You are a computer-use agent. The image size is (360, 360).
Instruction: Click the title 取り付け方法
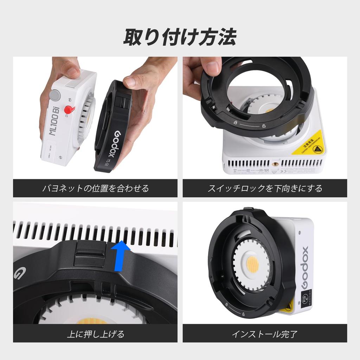pos(180,37)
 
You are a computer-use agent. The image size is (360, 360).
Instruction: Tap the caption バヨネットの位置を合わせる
pos(95,188)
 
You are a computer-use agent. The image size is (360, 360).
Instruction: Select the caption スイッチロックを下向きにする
pos(265,188)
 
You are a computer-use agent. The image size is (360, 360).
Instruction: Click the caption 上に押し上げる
pos(95,333)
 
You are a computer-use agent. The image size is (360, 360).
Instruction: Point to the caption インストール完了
pos(265,333)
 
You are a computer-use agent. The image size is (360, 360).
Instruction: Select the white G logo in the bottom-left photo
pos(18,272)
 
